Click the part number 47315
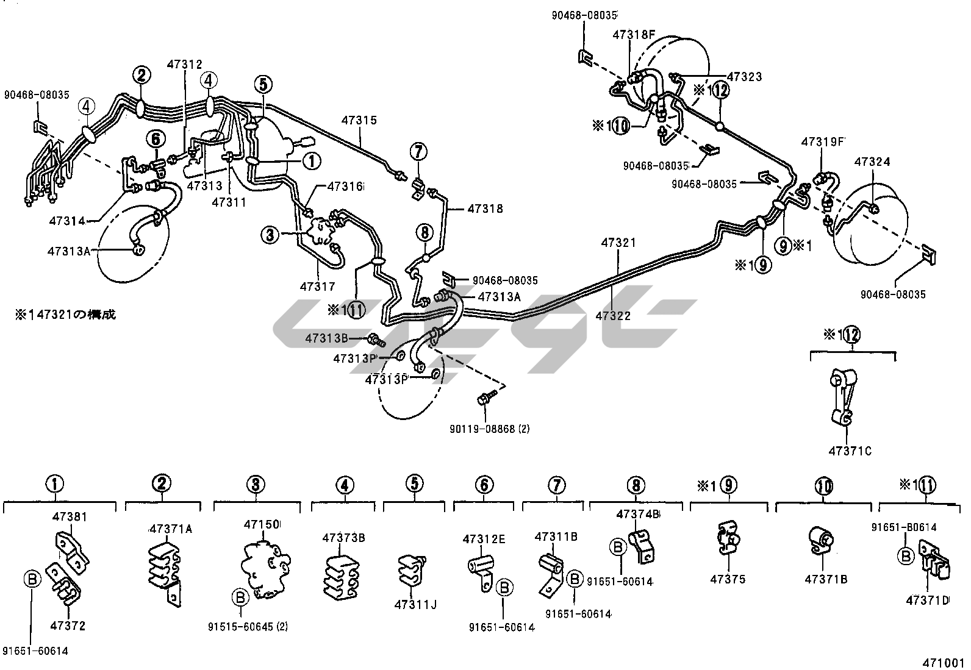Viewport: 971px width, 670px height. click(359, 121)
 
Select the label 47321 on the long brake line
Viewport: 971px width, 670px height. click(618, 243)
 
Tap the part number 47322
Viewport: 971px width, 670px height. click(613, 316)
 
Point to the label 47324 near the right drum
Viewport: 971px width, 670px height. click(872, 162)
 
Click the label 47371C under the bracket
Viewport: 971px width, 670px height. click(850, 451)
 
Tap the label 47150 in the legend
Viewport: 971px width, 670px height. click(262, 524)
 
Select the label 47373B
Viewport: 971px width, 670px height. click(344, 538)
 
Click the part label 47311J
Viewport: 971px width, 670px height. click(415, 605)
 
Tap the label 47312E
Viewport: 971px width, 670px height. click(484, 539)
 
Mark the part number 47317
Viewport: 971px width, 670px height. click(317, 285)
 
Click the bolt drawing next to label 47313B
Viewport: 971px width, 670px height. click(374, 338)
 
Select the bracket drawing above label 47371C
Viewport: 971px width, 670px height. click(844, 397)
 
